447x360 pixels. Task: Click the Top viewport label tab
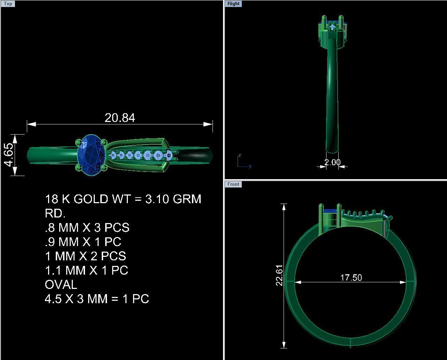pyautogui.click(x=8, y=4)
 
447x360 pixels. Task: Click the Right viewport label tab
pyautogui.click(x=233, y=4)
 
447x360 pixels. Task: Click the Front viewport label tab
pyautogui.click(x=233, y=184)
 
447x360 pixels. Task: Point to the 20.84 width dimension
pyautogui.click(x=120, y=118)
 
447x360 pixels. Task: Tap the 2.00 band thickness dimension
pyautogui.click(x=332, y=162)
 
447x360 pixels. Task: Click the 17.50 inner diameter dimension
pyautogui.click(x=351, y=278)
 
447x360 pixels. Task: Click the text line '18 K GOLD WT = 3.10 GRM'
pyautogui.click(x=123, y=199)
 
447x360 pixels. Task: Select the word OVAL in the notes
pyautogui.click(x=61, y=285)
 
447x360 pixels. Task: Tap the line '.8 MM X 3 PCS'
pyautogui.click(x=87, y=228)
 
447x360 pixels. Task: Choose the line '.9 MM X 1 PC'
pyautogui.click(x=83, y=242)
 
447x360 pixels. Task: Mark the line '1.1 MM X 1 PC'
pyautogui.click(x=86, y=270)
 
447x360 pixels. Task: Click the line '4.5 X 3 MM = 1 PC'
pyautogui.click(x=97, y=299)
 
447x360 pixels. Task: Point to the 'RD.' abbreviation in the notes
pyautogui.click(x=55, y=213)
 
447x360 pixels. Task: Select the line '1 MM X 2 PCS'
pyautogui.click(x=85, y=256)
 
